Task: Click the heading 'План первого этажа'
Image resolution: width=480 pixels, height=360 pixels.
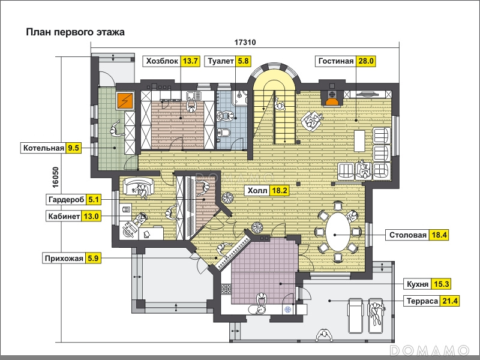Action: point(76,32)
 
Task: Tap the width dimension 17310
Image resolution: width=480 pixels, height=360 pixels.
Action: point(245,42)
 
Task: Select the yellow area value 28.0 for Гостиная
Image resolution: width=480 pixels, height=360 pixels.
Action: point(366,61)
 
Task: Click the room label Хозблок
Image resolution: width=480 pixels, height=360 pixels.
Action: point(162,61)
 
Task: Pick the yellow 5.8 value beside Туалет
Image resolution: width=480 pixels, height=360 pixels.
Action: point(243,61)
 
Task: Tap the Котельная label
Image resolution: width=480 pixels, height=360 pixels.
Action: point(44,148)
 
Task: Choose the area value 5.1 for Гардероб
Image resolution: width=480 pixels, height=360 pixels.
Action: point(94,200)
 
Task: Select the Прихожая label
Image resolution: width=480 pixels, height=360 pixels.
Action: point(64,259)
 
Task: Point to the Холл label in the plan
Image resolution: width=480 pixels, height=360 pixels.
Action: point(257,191)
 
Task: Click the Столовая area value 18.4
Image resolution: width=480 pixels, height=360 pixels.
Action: point(439,235)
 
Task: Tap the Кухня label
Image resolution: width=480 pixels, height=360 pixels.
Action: point(417,284)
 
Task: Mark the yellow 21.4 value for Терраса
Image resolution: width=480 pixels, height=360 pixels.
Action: point(449,301)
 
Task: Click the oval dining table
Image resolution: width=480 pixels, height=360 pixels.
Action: point(338,232)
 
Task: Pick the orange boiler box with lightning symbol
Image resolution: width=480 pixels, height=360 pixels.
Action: point(125,100)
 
